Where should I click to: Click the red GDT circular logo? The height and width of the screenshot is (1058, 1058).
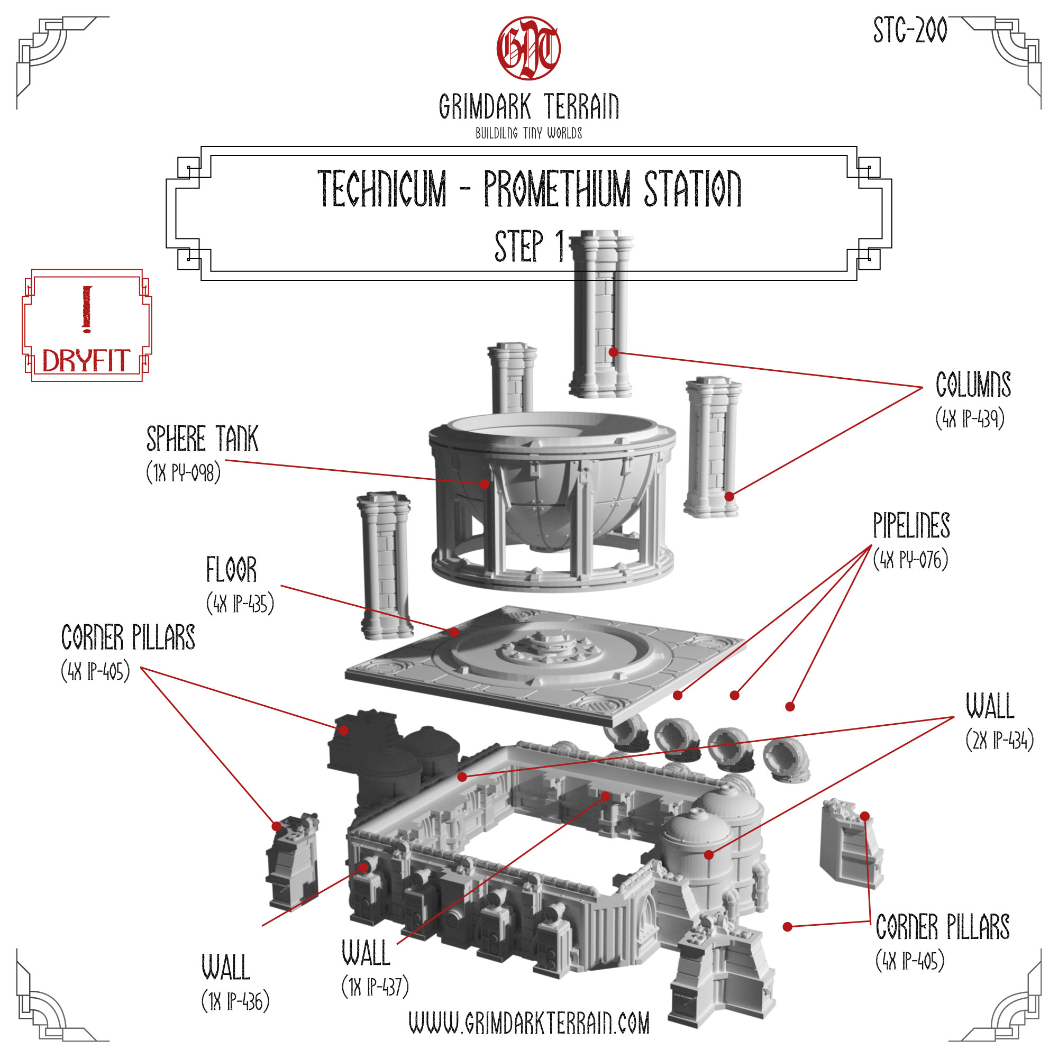[528, 48]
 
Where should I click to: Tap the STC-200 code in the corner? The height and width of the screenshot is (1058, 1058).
[909, 31]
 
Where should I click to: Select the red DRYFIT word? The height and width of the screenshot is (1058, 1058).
[86, 361]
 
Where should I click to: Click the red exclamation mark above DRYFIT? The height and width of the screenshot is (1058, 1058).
[87, 309]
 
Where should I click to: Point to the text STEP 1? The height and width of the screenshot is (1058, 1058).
[529, 246]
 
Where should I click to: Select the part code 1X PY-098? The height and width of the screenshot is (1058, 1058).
[184, 472]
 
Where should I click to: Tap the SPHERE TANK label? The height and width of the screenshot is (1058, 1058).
[202, 439]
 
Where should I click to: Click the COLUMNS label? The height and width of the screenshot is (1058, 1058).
[973, 385]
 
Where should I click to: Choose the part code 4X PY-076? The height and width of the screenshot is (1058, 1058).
[910, 560]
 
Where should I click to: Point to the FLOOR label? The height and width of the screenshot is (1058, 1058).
[231, 570]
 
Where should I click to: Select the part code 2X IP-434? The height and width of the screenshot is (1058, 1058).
[999, 741]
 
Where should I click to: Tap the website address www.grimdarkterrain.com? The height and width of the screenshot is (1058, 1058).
[529, 1023]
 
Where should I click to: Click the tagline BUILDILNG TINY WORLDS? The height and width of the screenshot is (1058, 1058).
[528, 133]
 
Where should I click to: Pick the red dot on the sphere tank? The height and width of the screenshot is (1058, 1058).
[485, 484]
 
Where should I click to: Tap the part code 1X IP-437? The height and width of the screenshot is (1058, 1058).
[375, 987]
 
